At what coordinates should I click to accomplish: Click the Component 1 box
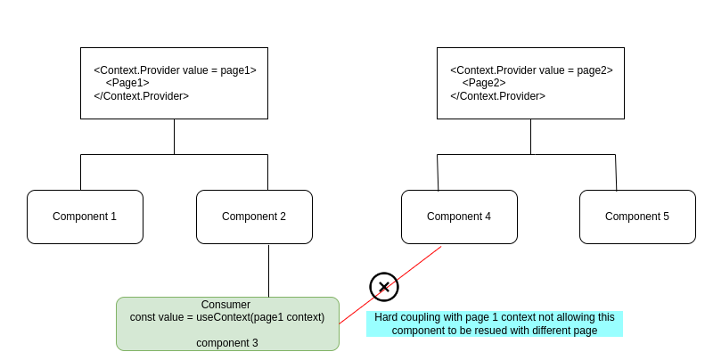(85, 217)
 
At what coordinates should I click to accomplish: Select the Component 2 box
(254, 217)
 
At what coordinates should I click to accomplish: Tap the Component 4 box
(459, 217)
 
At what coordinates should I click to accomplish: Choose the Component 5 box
(637, 217)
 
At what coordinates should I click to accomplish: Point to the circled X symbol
(384, 287)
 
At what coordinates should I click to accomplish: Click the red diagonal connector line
(419, 263)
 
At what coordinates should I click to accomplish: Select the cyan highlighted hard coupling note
(495, 323)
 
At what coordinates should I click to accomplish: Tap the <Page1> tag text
(127, 83)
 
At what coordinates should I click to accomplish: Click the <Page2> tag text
(484, 83)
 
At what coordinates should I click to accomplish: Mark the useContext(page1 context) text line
(227, 317)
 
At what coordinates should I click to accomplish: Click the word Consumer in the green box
(225, 305)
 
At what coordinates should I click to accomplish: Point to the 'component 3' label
(227, 343)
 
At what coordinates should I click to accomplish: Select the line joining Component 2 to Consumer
(268, 270)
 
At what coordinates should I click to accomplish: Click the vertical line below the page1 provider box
(174, 136)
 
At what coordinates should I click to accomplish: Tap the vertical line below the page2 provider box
(530, 136)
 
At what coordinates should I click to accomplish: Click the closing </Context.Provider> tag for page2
(497, 96)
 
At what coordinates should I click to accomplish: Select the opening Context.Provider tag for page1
(175, 70)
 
